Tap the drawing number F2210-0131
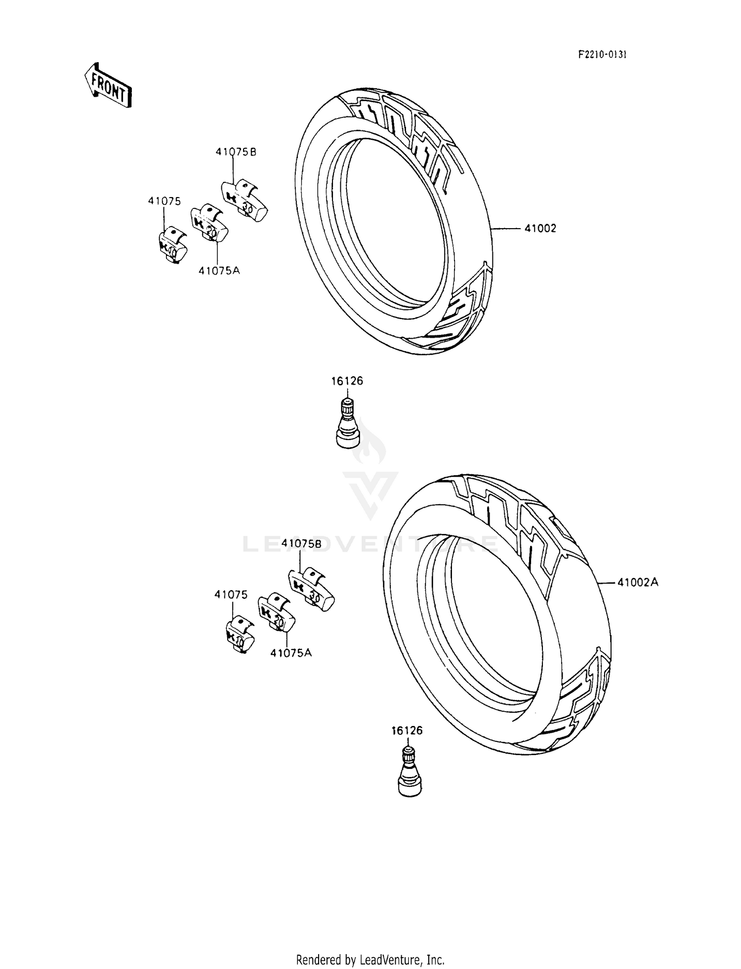pos(602,55)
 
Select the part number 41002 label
pos(540,228)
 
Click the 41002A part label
pos(638,582)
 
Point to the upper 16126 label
pos(347,381)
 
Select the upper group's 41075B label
pos(236,152)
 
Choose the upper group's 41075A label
pos(219,270)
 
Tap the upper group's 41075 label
pos(164,201)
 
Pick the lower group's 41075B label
pos(301,543)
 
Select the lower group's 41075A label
pos(291,652)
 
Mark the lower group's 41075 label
pos(231,595)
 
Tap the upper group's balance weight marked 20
pos(209,224)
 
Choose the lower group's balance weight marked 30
pos(311,589)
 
